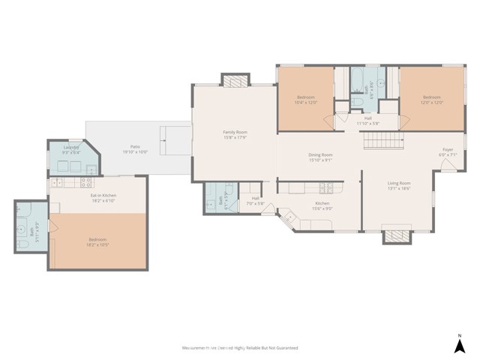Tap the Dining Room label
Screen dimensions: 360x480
pos(320,157)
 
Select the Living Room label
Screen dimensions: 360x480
pos(398,186)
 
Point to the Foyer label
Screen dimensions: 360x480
pos(447,153)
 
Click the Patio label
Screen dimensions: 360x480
pos(135,149)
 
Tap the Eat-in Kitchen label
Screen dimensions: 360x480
pos(98,198)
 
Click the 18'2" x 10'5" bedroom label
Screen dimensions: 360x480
pos(98,242)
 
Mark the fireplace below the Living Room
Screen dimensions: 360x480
pos(397,236)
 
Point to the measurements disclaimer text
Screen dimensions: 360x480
pos(240,348)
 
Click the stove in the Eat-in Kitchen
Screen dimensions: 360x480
pos(85,182)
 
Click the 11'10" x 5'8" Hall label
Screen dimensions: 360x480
pos(367,121)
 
